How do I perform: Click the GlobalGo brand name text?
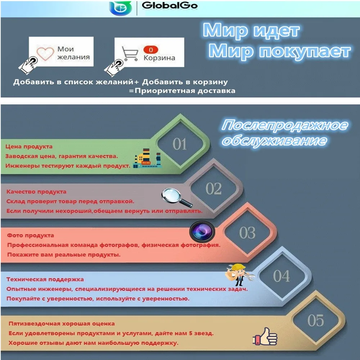point(170,5)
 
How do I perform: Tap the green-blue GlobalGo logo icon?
point(121,8)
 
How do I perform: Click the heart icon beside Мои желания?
point(45,53)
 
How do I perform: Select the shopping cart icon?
point(130,54)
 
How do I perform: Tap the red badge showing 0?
point(150,50)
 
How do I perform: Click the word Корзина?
point(159,58)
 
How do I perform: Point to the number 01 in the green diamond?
point(180,144)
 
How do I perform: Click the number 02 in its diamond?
point(213,189)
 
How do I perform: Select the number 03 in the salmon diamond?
point(247,233)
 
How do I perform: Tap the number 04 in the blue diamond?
point(282,276)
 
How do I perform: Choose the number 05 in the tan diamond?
point(316,320)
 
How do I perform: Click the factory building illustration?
point(147,158)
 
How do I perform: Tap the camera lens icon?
point(202,231)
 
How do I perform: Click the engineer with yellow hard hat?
point(239,275)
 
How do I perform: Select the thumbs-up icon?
point(265,336)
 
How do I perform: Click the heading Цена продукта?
point(29,147)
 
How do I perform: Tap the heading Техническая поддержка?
point(45,279)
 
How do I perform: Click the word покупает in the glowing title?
point(305,51)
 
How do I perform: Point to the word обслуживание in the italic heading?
point(275,140)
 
